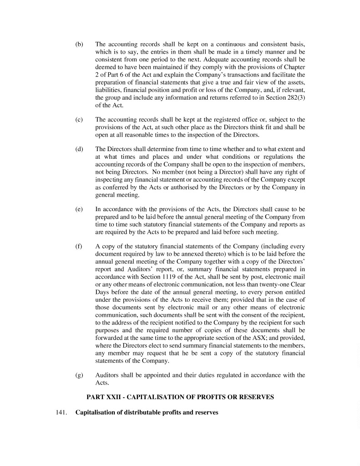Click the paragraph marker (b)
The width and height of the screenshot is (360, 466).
(79, 45)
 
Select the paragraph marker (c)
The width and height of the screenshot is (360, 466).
(79, 119)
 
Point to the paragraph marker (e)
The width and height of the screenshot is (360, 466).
(79, 209)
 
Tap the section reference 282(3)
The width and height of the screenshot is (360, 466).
(293, 97)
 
